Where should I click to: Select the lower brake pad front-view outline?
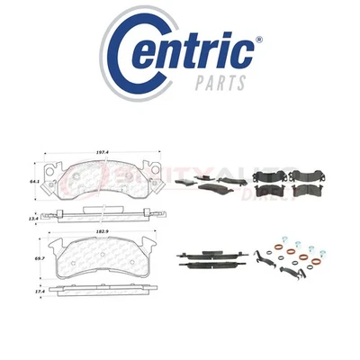point(106,261)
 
